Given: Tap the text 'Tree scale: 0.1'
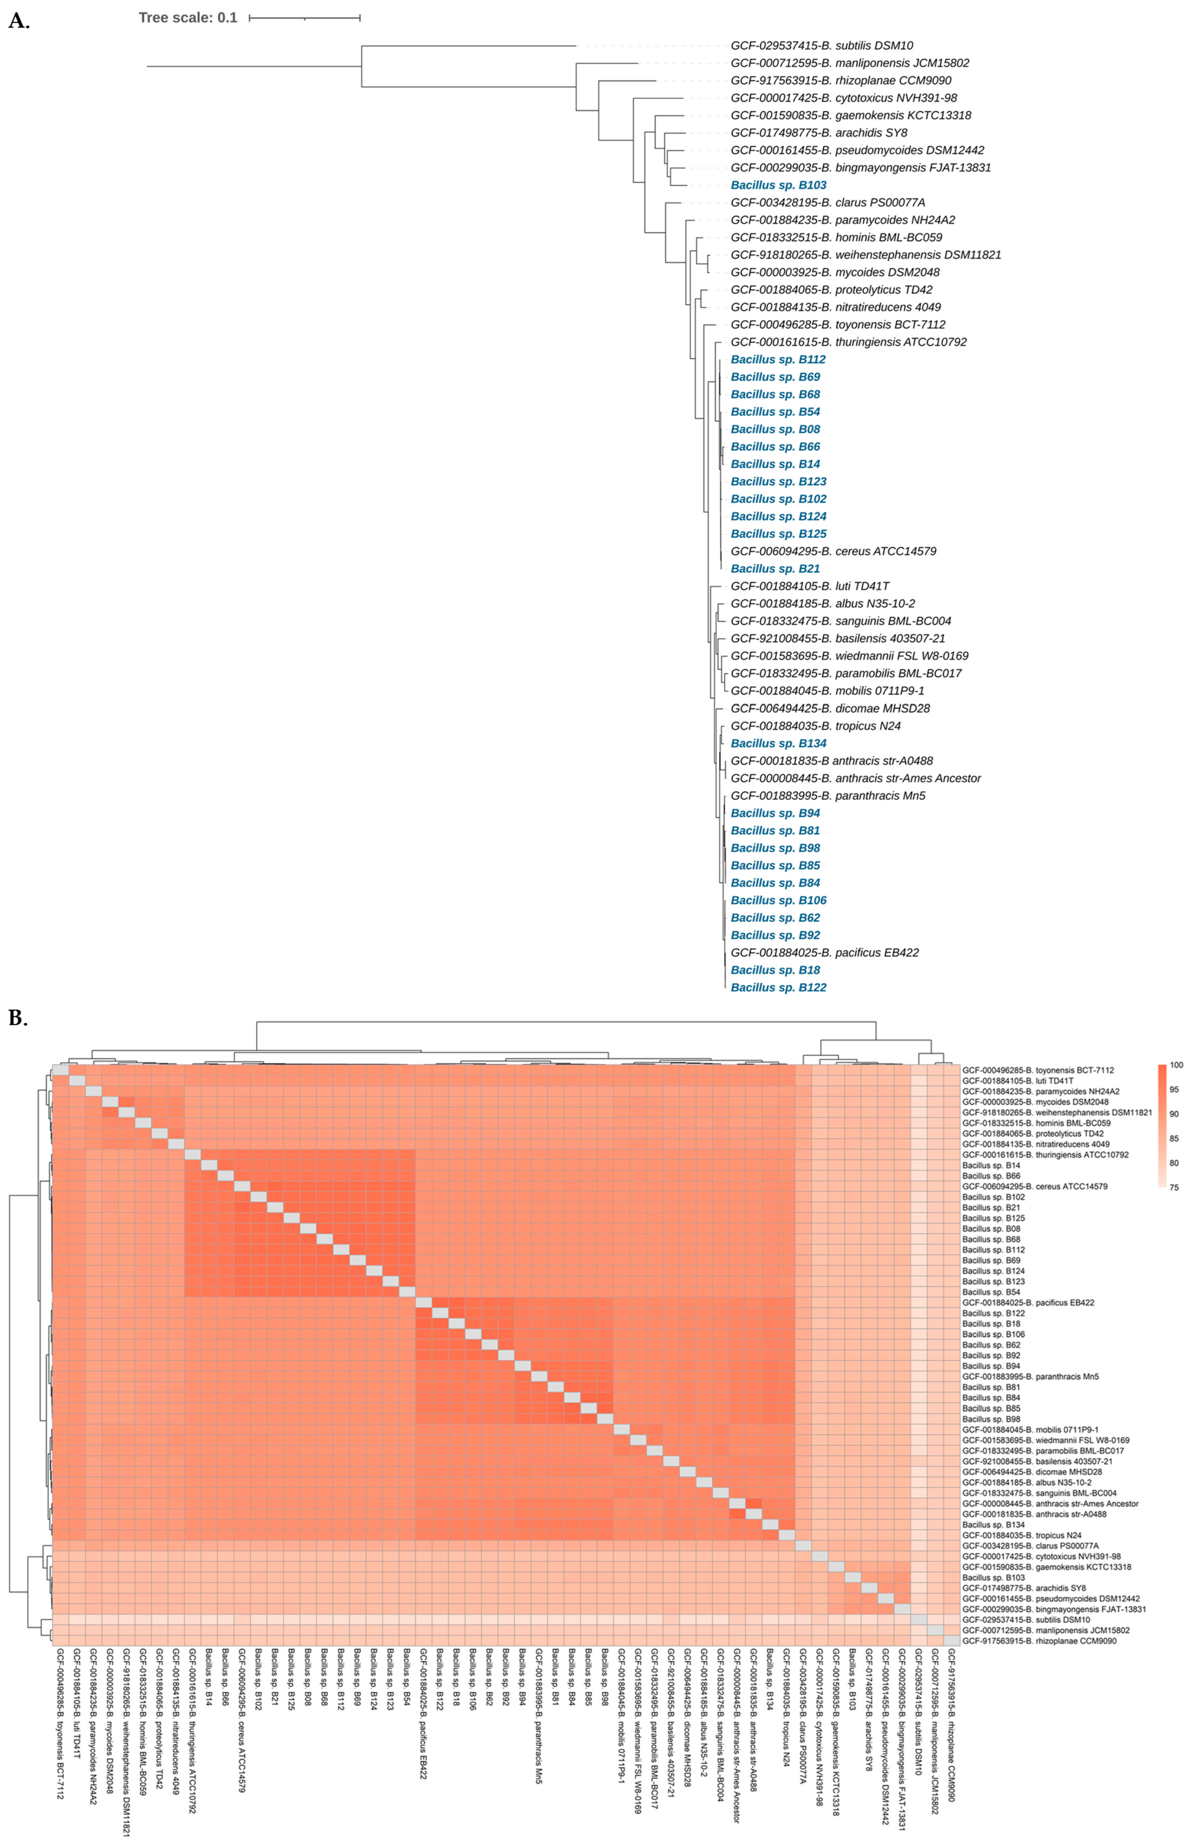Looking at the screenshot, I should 188,18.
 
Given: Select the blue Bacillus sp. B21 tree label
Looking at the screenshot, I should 775,568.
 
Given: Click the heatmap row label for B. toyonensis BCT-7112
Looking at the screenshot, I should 1038,1070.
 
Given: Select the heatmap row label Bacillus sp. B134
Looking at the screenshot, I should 993,1524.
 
